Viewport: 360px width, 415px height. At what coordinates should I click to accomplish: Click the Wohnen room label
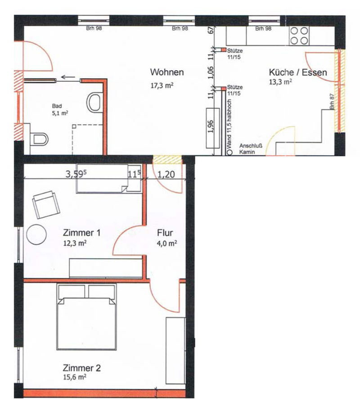point(167,72)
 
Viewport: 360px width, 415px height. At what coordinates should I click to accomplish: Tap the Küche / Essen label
point(298,72)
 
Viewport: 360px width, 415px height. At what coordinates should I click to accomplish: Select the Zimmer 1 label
point(81,233)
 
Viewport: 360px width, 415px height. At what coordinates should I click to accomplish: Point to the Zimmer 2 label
point(81,368)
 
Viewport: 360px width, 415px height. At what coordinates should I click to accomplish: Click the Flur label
point(165,233)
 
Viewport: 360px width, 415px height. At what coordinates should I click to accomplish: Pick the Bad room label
point(57,106)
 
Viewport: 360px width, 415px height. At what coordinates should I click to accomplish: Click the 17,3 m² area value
point(162,85)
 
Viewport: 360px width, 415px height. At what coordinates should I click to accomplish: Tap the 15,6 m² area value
point(74,377)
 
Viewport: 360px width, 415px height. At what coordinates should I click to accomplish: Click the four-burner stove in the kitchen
point(299,36)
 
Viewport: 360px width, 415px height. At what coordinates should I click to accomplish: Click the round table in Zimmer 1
point(36,235)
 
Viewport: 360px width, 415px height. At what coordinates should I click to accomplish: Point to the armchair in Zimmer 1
point(46,205)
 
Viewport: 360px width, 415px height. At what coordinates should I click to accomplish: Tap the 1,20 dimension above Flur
point(166,174)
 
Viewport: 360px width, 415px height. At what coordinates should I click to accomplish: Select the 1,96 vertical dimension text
point(211,126)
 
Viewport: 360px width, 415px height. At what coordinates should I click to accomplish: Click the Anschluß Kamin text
point(247,149)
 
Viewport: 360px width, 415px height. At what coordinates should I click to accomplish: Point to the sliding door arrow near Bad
point(68,77)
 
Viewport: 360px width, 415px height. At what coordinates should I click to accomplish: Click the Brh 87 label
point(332,102)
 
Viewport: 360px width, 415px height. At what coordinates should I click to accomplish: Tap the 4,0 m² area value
point(167,243)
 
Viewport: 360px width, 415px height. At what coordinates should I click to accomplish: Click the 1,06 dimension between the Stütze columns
point(211,72)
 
